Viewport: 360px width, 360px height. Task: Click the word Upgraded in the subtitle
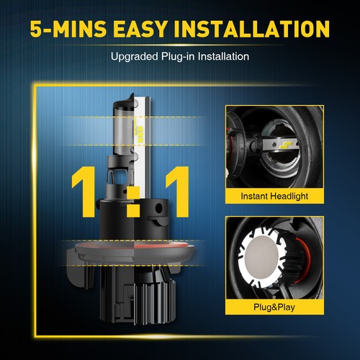tap(134, 55)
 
